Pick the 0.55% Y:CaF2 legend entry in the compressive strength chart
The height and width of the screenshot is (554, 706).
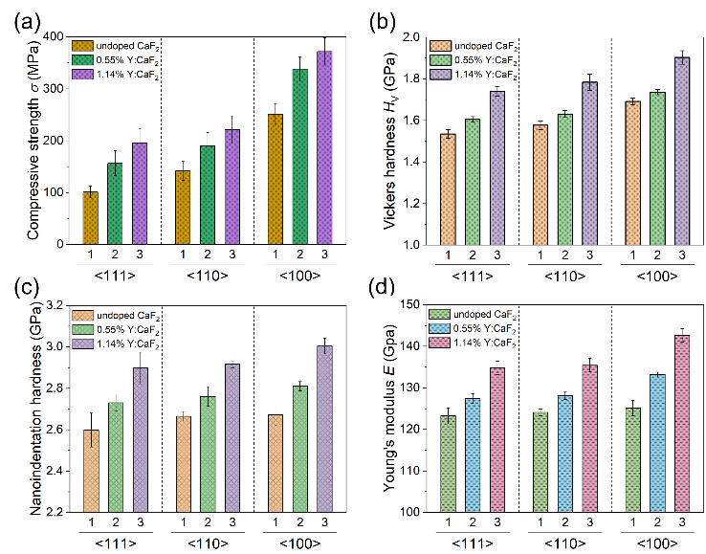(x=124, y=60)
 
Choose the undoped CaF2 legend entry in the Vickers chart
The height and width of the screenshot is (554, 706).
(x=478, y=45)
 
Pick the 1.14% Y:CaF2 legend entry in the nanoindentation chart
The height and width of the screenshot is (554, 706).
(x=124, y=343)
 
